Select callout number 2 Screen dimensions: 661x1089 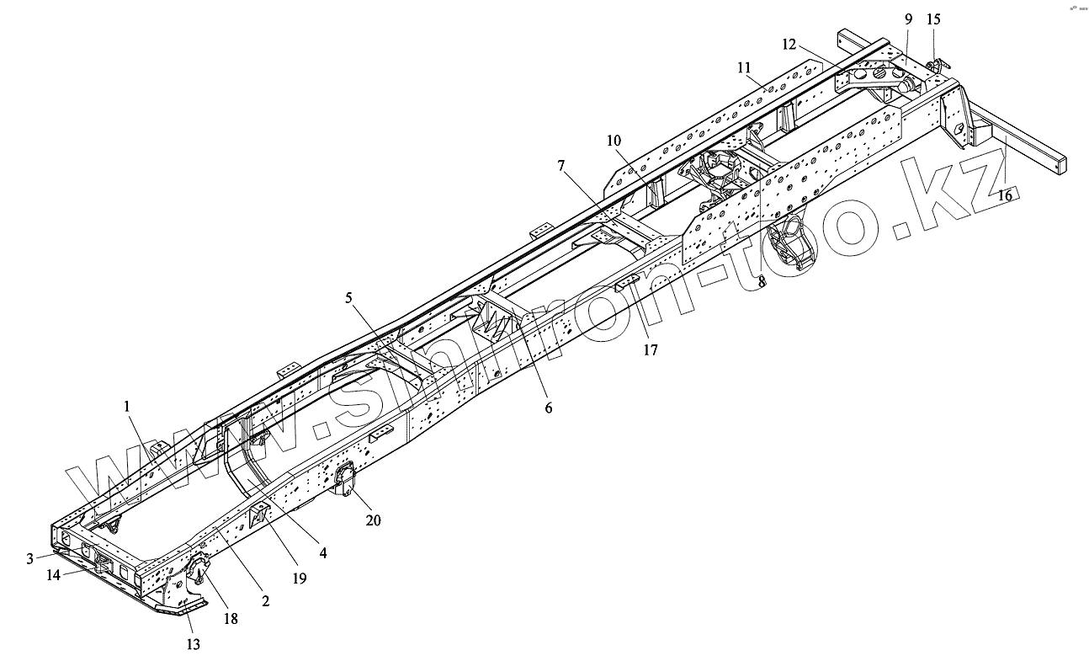265,600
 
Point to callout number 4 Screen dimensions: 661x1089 323,553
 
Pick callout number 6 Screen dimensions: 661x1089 548,408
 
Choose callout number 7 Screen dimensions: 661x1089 561,167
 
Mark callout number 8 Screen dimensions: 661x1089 761,283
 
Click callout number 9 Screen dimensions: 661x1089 908,19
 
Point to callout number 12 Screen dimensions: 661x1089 788,44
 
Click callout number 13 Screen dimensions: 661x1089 194,644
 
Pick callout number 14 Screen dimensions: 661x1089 53,576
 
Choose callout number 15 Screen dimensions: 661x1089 934,19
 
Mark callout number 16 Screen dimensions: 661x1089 1005,195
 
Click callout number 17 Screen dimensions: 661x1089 650,349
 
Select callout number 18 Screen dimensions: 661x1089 230,618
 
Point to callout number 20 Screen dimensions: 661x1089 373,520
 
